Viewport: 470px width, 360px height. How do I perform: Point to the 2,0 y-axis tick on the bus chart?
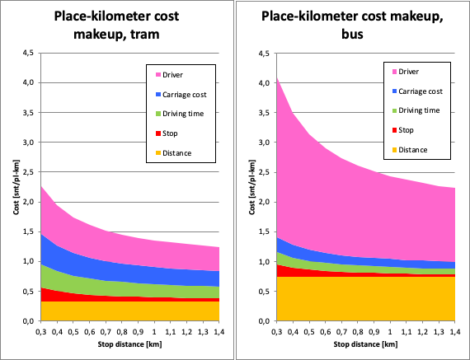pyautogui.click(x=262, y=203)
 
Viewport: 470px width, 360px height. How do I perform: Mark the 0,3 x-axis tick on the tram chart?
pyautogui.click(x=40, y=330)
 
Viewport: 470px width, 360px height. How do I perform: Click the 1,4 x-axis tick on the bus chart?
pyautogui.click(x=454, y=330)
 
